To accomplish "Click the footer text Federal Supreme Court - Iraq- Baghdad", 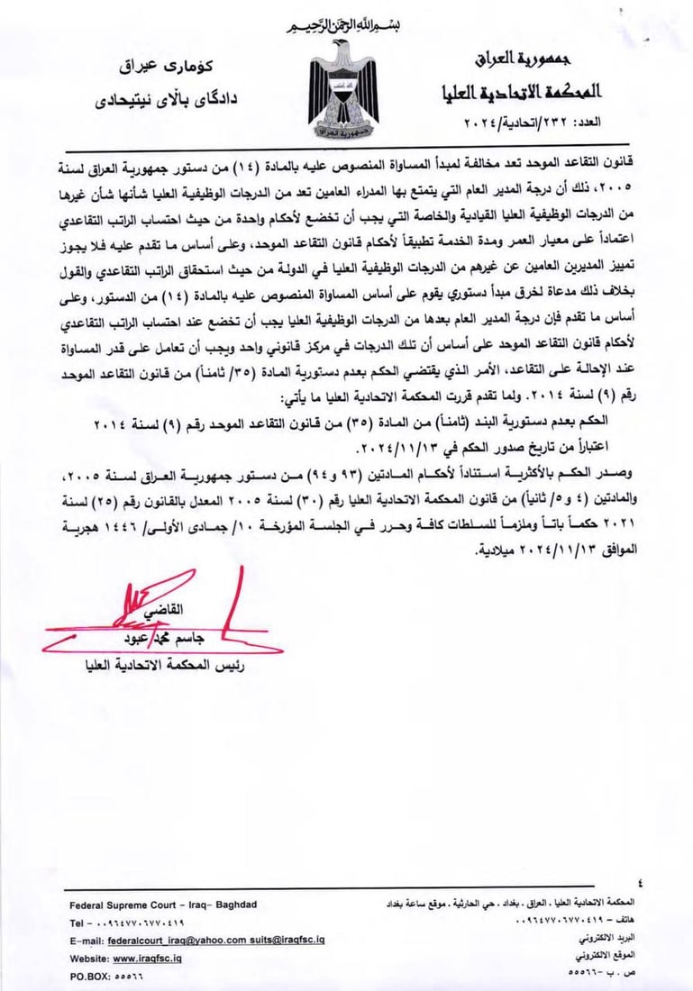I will tap(163, 904).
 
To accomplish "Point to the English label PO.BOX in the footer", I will tap(88, 976).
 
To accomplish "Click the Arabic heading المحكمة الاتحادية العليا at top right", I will tap(522, 93).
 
